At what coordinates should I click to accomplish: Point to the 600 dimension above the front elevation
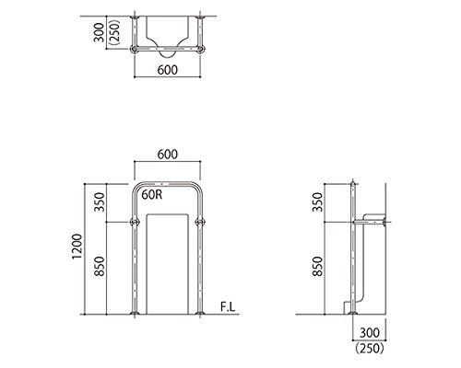(x=166, y=155)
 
